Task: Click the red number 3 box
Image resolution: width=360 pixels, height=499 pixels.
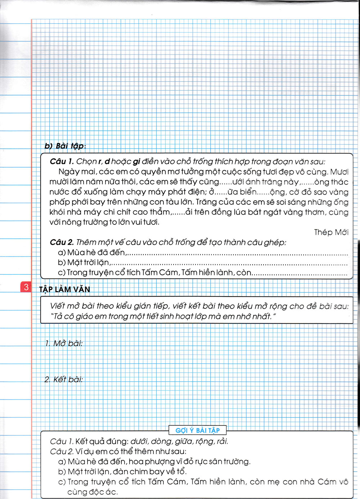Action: [x=26, y=287]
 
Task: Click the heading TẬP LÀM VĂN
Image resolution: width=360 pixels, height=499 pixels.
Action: [x=64, y=289]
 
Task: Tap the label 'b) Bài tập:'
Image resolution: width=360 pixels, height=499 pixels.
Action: [x=65, y=146]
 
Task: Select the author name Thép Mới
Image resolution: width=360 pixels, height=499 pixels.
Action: [x=331, y=232]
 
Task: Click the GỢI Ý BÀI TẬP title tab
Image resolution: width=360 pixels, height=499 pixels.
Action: [x=197, y=430]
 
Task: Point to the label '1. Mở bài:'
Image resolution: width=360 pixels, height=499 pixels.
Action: [x=64, y=343]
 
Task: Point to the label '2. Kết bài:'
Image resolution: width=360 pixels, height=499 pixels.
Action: [x=64, y=379]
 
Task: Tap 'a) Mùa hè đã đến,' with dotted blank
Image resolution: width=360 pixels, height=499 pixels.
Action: [x=91, y=252]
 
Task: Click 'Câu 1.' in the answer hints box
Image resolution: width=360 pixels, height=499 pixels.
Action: [x=61, y=441]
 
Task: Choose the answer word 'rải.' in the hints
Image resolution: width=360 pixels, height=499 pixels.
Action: [x=222, y=441]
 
